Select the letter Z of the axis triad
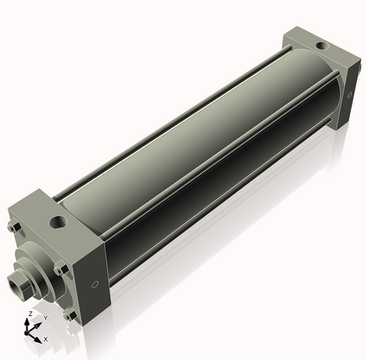coord(29,314)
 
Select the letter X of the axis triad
coord(46,339)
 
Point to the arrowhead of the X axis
coord(39,338)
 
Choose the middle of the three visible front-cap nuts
coord(59,267)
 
